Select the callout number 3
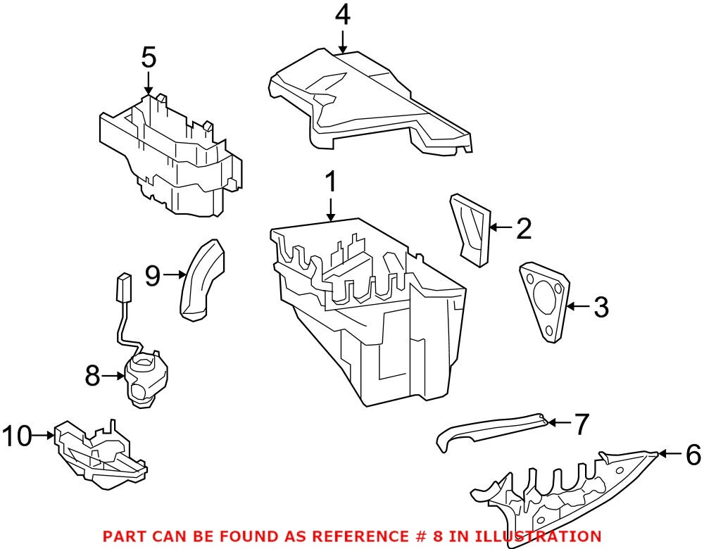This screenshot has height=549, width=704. click(601, 307)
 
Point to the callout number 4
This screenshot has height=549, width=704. click(341, 15)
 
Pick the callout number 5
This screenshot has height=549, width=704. click(148, 58)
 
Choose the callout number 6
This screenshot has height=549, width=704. click(693, 456)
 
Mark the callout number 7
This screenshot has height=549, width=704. click(581, 424)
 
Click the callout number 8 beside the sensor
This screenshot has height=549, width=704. click(92, 377)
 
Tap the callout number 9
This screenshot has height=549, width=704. click(153, 275)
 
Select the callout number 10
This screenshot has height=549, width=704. click(18, 436)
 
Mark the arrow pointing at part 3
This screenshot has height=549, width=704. click(579, 306)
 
